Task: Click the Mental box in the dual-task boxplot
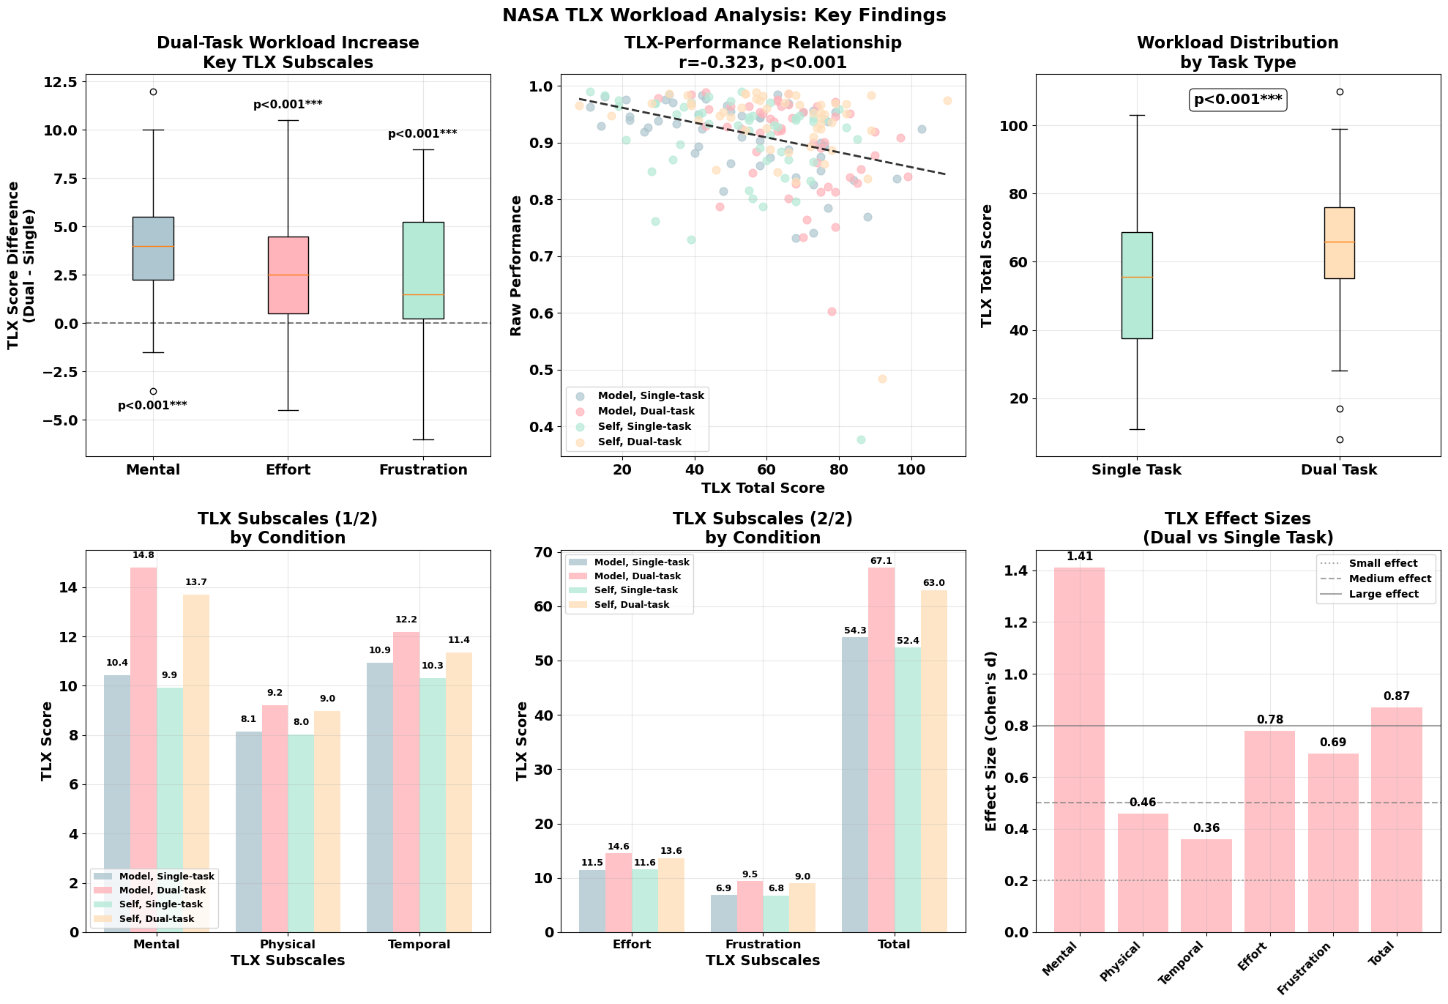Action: click(x=153, y=248)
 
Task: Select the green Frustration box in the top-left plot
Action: click(x=423, y=270)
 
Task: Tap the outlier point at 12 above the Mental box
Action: click(x=153, y=92)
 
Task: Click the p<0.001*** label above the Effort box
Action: click(x=288, y=105)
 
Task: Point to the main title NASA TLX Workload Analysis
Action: click(x=723, y=15)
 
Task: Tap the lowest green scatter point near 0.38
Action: click(x=861, y=440)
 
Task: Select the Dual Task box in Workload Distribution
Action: click(x=1339, y=243)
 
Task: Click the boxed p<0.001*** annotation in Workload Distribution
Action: click(x=1238, y=100)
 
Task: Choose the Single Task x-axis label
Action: click(x=1136, y=470)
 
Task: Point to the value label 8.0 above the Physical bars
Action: click(x=301, y=722)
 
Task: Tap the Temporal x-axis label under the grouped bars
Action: click(x=419, y=945)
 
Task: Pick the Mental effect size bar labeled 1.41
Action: click(x=1079, y=750)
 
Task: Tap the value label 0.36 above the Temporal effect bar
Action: click(x=1206, y=828)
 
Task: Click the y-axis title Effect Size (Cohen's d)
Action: click(x=991, y=741)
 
